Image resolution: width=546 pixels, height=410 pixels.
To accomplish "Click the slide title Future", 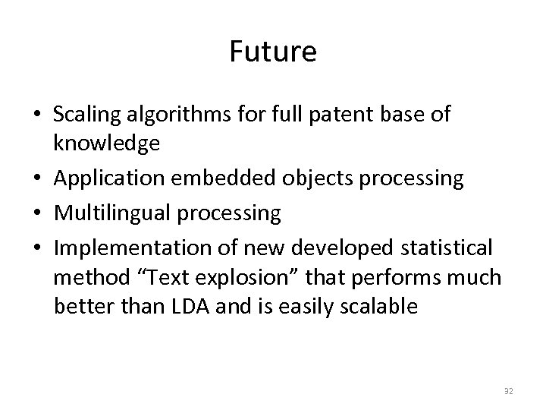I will tap(272, 52).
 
